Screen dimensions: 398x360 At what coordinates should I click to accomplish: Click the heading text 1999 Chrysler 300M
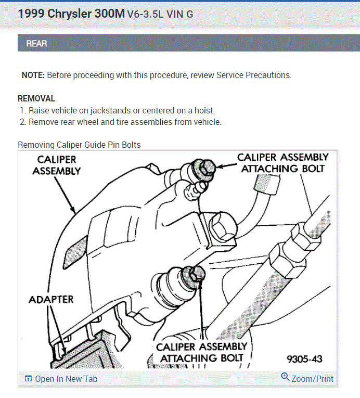click(x=71, y=14)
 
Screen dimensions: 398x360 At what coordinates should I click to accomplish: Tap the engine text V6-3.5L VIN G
click(x=160, y=15)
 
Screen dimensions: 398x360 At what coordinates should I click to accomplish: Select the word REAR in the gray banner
click(x=36, y=44)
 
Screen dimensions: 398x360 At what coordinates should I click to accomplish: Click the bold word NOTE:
click(x=33, y=75)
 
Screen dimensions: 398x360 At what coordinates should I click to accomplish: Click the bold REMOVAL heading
click(x=36, y=98)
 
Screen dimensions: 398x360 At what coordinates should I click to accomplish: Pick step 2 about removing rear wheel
click(x=125, y=122)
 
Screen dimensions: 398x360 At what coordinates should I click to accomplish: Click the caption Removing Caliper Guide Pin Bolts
click(x=79, y=145)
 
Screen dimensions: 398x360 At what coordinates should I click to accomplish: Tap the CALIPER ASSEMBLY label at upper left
click(x=57, y=165)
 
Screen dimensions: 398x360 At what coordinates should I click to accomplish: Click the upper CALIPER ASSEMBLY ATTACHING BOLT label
click(x=282, y=163)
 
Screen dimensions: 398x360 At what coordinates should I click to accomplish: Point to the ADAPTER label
click(x=51, y=300)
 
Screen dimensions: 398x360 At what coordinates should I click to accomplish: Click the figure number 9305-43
click(x=304, y=359)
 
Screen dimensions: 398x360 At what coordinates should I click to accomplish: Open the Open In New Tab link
click(x=66, y=379)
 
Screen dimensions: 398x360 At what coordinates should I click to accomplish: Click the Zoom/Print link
click(x=312, y=379)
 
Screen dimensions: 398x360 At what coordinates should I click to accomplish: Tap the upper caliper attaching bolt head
click(x=207, y=167)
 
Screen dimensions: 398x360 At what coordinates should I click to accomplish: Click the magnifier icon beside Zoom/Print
click(x=285, y=377)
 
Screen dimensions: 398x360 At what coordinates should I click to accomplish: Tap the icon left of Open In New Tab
click(x=28, y=379)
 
